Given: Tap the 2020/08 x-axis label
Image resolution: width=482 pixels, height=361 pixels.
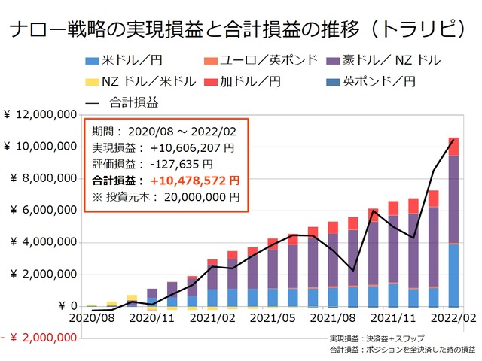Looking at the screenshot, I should [x=90, y=319].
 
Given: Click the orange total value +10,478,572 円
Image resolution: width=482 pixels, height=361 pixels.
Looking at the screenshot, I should [x=194, y=180].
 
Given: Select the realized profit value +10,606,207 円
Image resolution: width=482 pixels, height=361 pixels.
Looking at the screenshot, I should [x=191, y=147].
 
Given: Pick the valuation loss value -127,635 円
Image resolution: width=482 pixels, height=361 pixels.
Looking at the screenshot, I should [x=181, y=164].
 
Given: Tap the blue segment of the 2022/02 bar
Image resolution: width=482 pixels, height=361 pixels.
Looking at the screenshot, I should [x=454, y=275].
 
